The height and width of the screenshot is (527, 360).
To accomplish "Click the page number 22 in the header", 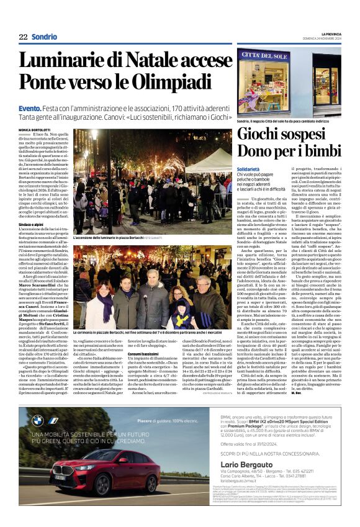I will pyautogui.click(x=23, y=37).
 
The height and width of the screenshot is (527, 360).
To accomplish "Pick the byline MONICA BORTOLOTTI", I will pyautogui.click(x=37, y=130).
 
